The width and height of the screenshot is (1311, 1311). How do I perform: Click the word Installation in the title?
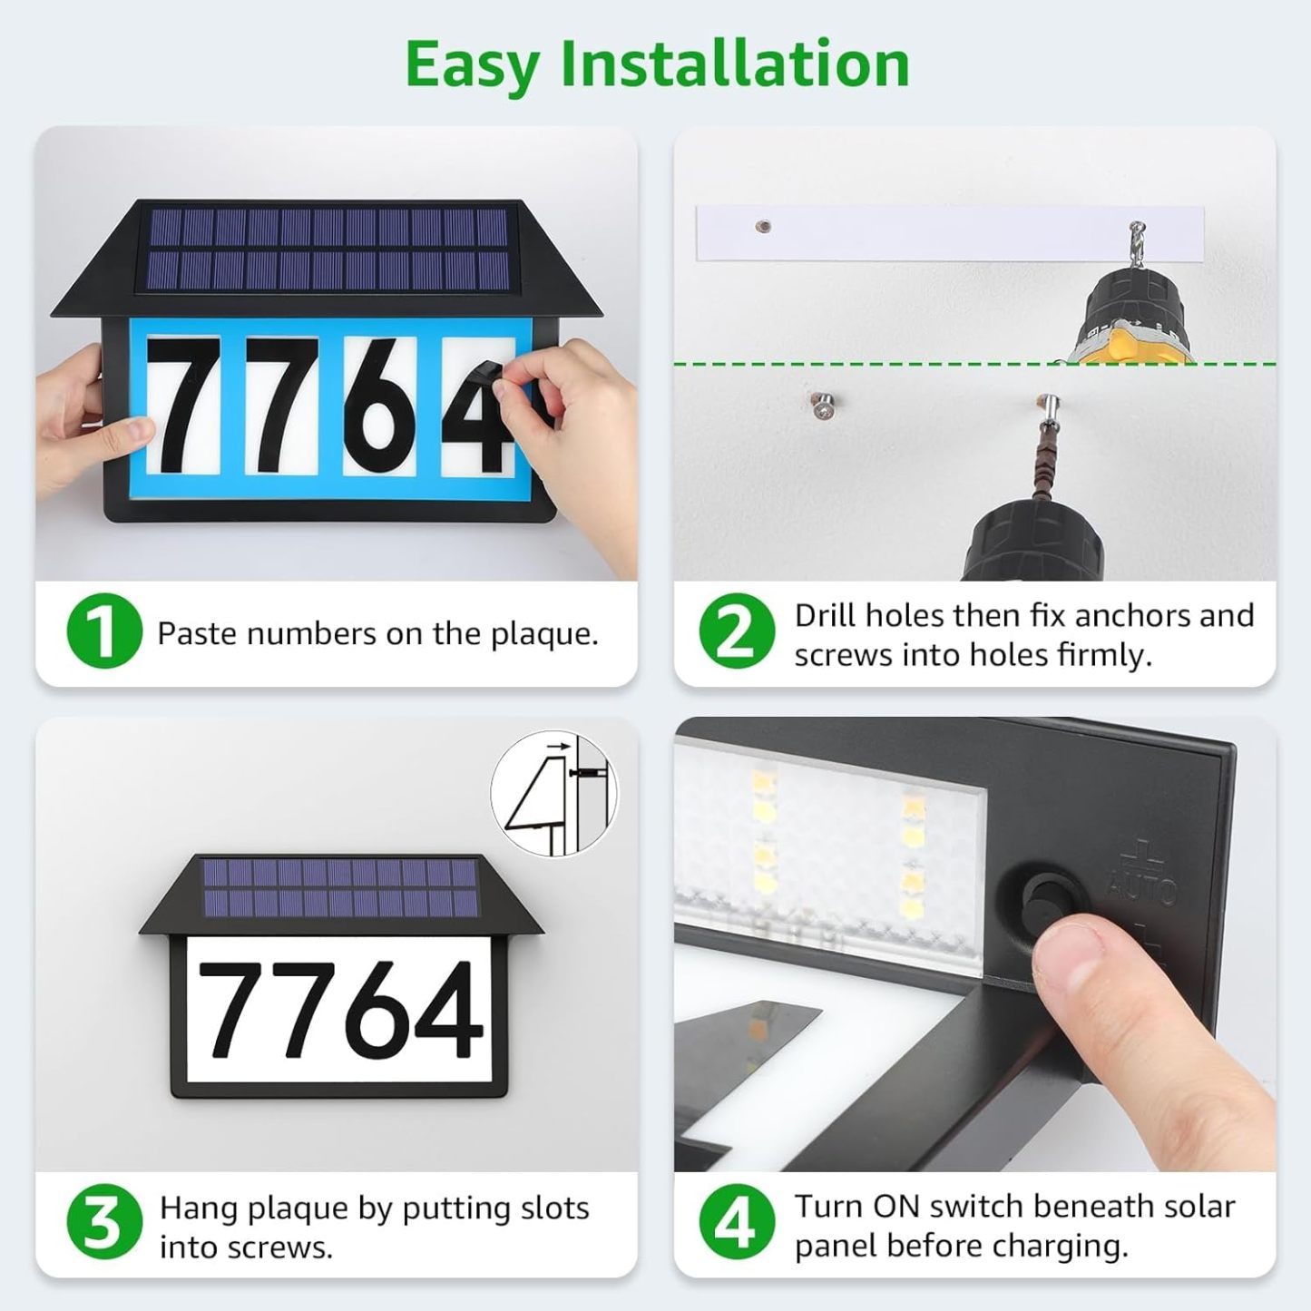(x=734, y=64)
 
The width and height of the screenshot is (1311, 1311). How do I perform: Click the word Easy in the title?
(x=472, y=65)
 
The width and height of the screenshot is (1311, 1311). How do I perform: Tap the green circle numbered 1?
(x=103, y=631)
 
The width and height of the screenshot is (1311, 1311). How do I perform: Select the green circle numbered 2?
(x=737, y=631)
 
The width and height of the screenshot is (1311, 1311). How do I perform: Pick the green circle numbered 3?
(x=103, y=1222)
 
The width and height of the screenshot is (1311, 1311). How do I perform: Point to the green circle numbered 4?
(x=737, y=1222)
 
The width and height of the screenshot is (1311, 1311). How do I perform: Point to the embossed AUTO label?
(x=1141, y=885)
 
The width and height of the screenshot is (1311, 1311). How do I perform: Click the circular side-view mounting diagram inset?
(x=553, y=794)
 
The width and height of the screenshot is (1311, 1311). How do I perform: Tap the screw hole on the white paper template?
(x=763, y=227)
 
